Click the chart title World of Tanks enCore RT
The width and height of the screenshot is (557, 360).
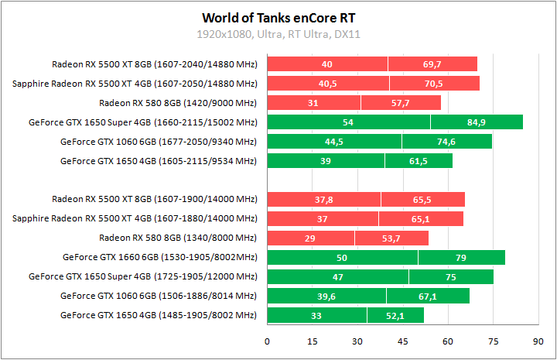279,17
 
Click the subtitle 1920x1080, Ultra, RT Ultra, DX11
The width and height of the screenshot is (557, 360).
279,34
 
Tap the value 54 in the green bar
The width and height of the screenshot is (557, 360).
348,122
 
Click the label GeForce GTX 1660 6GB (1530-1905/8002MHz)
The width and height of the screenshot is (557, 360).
159,257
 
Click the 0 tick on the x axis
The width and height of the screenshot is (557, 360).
268,341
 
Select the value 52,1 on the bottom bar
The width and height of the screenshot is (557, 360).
395,315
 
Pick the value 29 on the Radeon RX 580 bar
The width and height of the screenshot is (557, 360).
310,238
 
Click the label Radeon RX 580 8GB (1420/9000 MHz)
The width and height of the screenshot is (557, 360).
177,102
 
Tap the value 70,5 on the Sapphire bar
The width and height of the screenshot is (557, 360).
434,83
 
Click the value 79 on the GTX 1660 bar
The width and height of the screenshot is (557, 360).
462,257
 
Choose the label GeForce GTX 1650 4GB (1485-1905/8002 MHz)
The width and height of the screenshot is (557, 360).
158,315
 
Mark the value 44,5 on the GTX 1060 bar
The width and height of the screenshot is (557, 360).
334,141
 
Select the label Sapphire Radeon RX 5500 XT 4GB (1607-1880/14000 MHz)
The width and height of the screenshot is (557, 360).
134,218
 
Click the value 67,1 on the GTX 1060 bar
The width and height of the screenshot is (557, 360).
428,296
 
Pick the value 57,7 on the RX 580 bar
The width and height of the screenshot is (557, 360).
401,102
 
